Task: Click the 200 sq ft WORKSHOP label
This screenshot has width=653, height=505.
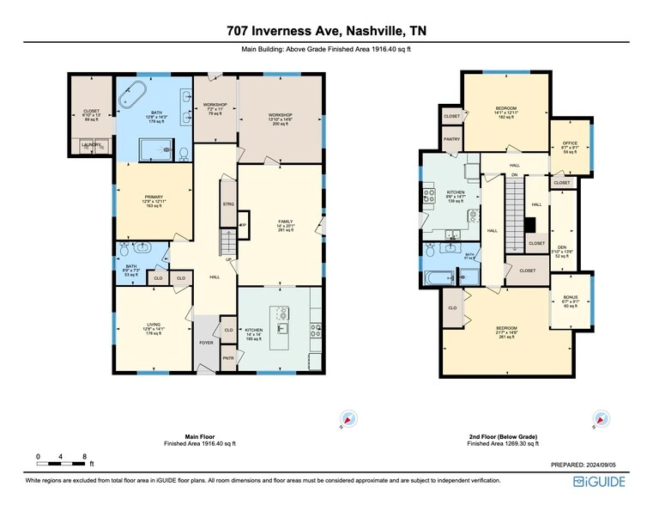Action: point(280,115)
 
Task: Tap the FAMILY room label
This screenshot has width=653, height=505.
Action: point(286,222)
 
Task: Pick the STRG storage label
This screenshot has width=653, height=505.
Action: point(228,204)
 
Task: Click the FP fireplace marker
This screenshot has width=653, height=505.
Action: point(243,226)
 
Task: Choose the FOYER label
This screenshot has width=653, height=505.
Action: point(206,343)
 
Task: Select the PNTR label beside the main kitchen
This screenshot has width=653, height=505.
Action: point(228,358)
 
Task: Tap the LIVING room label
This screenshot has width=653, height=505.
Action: point(153,325)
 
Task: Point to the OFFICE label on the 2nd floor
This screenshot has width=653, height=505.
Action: point(570,143)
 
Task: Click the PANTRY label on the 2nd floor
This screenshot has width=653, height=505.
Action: point(452,138)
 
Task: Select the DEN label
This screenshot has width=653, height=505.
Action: point(562,245)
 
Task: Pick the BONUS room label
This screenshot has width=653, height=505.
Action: point(570,297)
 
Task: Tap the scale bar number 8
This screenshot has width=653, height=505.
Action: point(84,456)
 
